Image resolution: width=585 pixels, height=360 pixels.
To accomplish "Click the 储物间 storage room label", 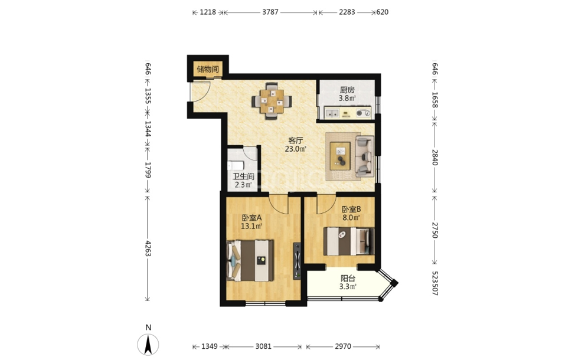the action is [x=207, y=69].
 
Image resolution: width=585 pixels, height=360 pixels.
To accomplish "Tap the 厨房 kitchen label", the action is [x=347, y=90].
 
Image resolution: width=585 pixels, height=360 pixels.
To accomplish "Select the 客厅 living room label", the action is [x=296, y=140].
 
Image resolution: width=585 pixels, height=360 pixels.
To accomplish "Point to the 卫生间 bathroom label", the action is [x=244, y=176].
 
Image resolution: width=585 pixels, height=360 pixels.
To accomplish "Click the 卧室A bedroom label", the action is [x=252, y=218].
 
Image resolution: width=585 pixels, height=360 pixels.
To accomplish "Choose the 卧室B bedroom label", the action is [x=351, y=210].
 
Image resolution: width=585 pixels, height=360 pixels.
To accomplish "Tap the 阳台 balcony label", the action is [x=348, y=279].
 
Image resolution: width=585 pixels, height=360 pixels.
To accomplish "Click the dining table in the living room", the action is [x=272, y=101].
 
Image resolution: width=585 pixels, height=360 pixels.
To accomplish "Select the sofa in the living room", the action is [x=364, y=156].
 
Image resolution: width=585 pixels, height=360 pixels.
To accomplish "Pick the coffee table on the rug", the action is [x=340, y=156].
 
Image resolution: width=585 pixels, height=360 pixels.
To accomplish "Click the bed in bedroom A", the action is [x=250, y=260].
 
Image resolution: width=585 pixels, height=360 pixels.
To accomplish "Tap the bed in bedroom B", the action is [x=349, y=241].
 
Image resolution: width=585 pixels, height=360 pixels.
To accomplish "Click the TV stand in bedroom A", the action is [x=297, y=261].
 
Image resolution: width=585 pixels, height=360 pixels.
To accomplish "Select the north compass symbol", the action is [x=148, y=344].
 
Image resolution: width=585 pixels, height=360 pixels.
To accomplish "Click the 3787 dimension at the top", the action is [x=270, y=12].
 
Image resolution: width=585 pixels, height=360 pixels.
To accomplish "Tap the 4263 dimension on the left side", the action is [x=148, y=248].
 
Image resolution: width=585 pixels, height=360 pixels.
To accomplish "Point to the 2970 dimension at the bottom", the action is [x=343, y=346].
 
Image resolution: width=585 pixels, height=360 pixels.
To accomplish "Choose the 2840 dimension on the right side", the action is [x=435, y=157].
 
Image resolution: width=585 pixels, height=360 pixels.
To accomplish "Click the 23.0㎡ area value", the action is [x=296, y=149].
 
